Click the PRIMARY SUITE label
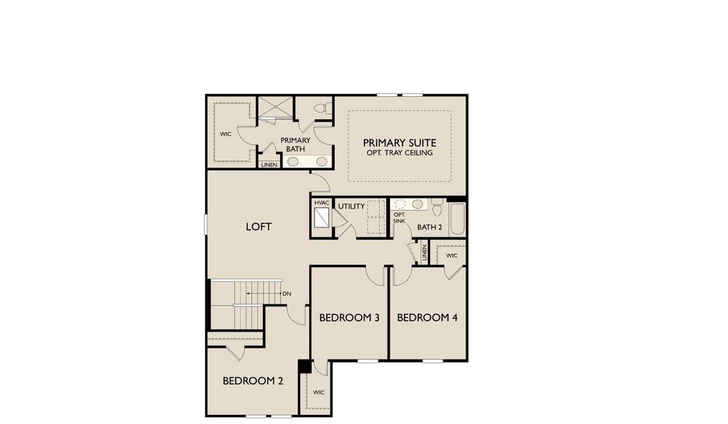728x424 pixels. pos(399,142)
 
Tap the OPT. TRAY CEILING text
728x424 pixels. pos(399,153)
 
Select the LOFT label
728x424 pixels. pos(258,227)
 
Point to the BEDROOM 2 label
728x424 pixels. pos(253,381)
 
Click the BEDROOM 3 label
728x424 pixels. pos(349,318)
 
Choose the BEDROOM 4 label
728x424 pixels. pos(427,318)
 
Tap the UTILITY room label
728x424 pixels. pos(351,206)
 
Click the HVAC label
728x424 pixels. pos(322,204)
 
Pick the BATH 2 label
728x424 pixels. pos(429,227)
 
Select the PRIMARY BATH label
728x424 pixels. pos(295,144)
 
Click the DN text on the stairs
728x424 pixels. pos(287,293)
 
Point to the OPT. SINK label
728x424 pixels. pos(399,218)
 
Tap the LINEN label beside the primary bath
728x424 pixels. pos(269,165)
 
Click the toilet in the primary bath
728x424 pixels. pos(323,109)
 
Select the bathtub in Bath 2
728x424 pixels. pos(457,220)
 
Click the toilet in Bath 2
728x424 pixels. pos(437,208)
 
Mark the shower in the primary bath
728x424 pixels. pos(274,109)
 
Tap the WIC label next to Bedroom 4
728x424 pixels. pos(451,255)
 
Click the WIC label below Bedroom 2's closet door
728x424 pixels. pos(318,393)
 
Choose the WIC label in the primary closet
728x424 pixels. pos(226,134)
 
